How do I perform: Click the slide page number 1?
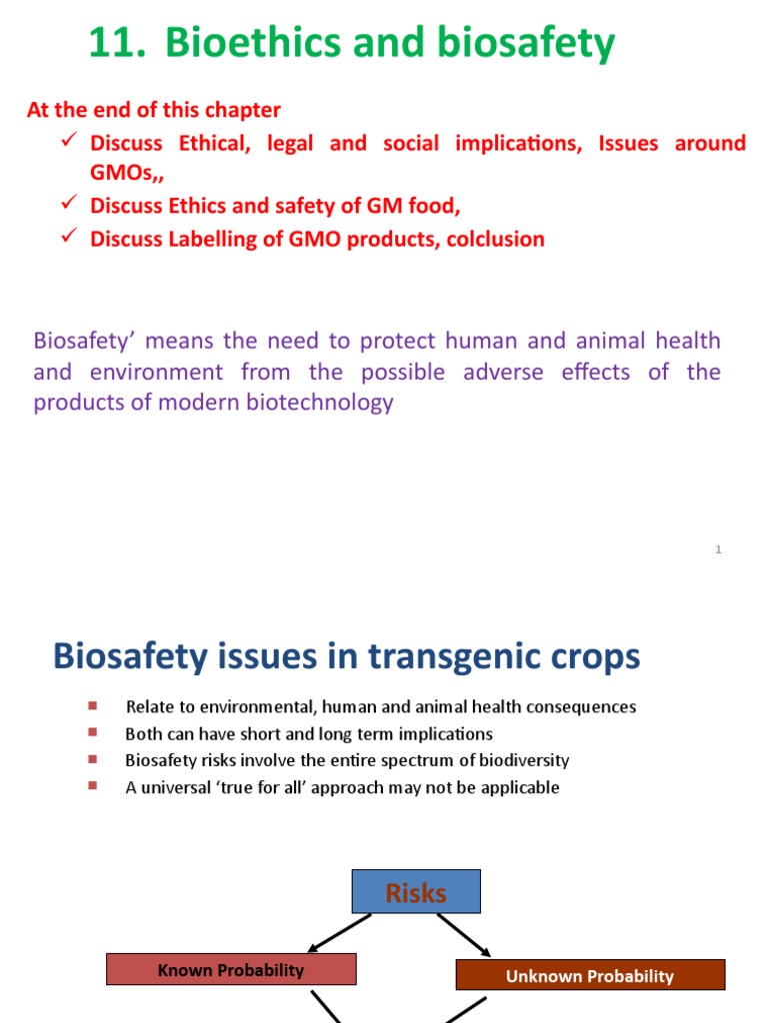(719, 549)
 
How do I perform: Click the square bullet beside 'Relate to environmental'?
(93, 705)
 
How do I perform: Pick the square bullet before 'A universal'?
(93, 786)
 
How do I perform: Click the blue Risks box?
(416, 891)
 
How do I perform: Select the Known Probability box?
(231, 969)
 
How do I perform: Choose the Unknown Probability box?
(590, 976)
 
